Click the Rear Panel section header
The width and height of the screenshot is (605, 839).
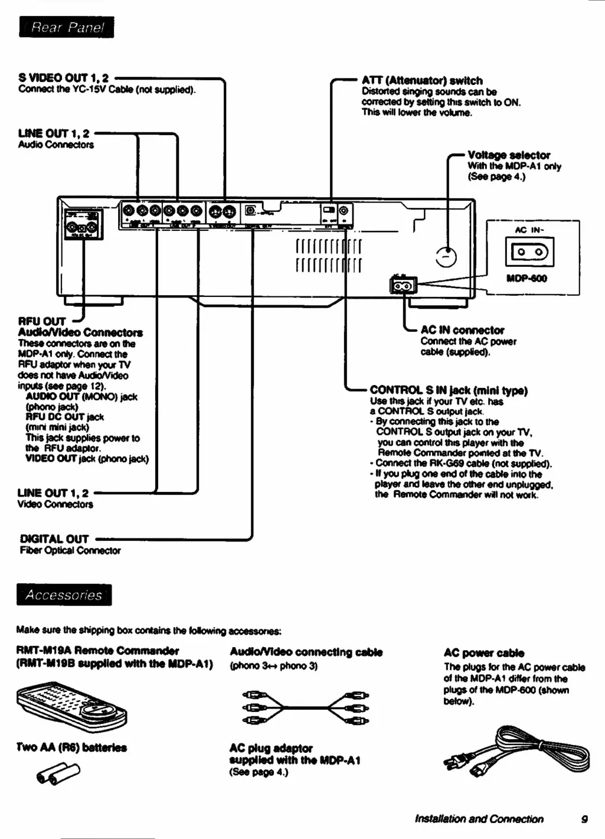(67, 27)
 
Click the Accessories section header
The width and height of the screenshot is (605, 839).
(64, 595)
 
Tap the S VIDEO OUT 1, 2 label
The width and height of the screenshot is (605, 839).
(64, 78)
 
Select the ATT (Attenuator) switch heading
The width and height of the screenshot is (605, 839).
(422, 80)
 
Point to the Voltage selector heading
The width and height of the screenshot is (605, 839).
(509, 155)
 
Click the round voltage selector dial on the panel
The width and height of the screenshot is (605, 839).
(446, 257)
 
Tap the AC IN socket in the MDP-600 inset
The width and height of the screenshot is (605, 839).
(530, 252)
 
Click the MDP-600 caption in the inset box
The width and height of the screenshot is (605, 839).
(526, 278)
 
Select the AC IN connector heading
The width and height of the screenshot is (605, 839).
(462, 330)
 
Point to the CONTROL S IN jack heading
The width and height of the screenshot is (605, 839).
(449, 390)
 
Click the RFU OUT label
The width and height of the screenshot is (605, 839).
(42, 322)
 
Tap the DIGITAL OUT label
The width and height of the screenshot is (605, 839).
(54, 538)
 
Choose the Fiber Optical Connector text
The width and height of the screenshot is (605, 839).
(70, 550)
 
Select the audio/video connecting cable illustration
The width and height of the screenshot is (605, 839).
(306, 707)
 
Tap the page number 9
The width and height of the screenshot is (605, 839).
(584, 819)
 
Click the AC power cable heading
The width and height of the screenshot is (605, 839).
(483, 652)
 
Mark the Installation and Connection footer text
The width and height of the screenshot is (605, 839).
(479, 819)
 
